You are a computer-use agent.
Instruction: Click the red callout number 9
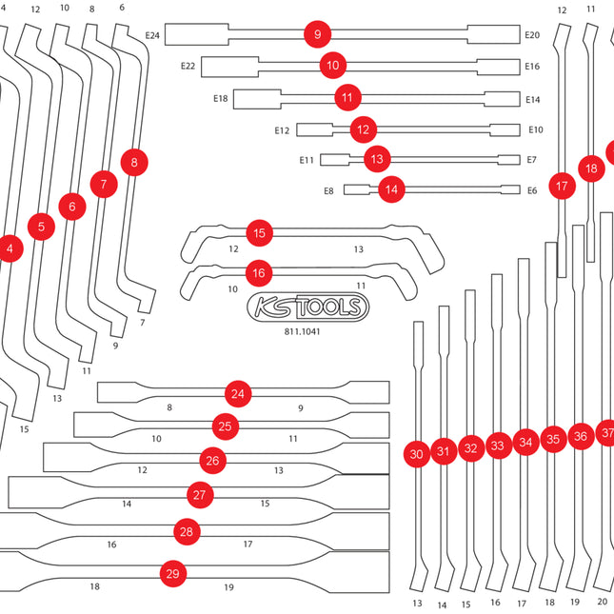(318, 34)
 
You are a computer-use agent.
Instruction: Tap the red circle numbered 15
(259, 233)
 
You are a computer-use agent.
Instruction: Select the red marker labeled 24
(238, 394)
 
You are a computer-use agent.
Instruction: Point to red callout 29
(172, 574)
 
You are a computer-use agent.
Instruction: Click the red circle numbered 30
(416, 454)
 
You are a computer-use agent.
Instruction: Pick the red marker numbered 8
(134, 162)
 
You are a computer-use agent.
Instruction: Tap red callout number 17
(562, 186)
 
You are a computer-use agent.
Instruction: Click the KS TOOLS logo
(307, 307)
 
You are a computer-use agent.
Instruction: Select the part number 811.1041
(302, 331)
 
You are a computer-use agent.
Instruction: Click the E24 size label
(152, 35)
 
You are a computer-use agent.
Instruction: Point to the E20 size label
(532, 35)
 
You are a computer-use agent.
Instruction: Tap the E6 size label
(532, 190)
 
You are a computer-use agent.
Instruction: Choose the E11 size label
(307, 160)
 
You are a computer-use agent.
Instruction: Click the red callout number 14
(391, 189)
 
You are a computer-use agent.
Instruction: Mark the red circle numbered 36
(581, 436)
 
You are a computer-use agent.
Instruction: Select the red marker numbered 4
(10, 248)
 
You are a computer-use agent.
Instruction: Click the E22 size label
(188, 66)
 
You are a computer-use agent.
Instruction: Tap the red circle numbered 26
(212, 461)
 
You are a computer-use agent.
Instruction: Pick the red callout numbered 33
(497, 446)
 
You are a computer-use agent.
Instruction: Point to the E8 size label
(328, 191)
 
